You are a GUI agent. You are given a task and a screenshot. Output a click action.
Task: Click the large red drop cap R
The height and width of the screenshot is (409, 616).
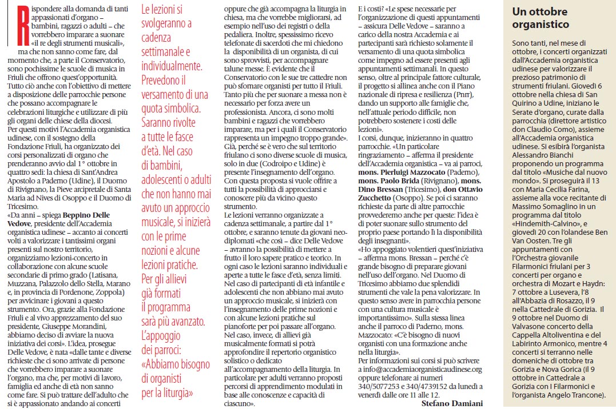(12, 25)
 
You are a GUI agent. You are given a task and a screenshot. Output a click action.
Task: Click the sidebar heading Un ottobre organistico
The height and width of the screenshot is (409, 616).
(541, 19)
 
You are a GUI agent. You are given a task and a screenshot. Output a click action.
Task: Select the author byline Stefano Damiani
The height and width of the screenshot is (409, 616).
(452, 404)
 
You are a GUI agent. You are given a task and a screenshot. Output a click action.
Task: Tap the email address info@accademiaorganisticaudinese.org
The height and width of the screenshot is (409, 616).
(420, 370)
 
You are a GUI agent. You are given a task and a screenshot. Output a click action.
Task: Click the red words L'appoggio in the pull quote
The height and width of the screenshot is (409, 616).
(161, 335)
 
